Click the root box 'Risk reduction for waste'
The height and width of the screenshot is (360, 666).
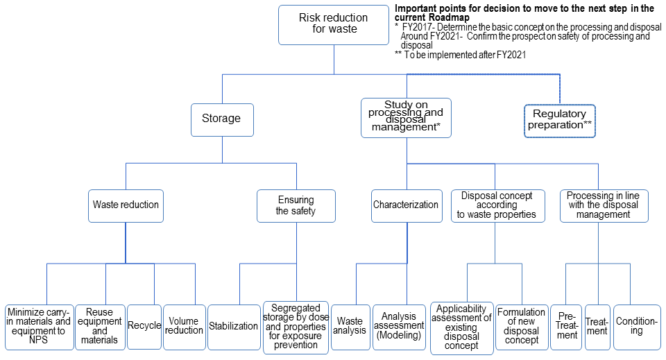tap(334, 25)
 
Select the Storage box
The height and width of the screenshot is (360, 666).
tap(221, 119)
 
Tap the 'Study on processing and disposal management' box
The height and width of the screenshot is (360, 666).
tap(406, 117)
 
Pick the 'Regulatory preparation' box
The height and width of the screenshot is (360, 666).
tap(559, 119)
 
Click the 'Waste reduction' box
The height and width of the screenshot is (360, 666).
tap(126, 205)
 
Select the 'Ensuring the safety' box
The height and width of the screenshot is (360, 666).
tap(296, 205)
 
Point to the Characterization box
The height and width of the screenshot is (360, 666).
tap(406, 205)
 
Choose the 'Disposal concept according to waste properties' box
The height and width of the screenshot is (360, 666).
tap(495, 205)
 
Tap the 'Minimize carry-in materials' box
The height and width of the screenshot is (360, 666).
tap(38, 326)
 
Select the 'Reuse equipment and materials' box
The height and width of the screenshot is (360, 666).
tap(99, 326)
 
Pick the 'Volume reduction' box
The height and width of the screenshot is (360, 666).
tap(184, 326)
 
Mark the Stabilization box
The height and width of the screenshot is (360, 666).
tap(233, 326)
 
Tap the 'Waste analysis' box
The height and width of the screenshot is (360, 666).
tap(350, 326)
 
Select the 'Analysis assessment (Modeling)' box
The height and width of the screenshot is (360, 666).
tap(398, 326)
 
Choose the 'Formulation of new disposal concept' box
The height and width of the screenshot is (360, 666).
tap(521, 326)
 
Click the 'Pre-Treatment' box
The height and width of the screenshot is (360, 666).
tap(567, 326)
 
